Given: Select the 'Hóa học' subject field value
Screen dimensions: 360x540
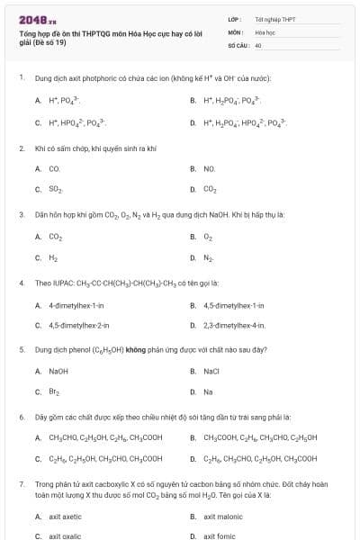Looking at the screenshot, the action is pyautogui.click(x=264, y=31).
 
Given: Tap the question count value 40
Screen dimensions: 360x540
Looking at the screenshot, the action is pyautogui.click(x=258, y=44).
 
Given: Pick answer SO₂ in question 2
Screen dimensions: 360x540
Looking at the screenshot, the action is pyautogui.click(x=55, y=190).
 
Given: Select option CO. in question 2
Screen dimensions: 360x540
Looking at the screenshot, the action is pyautogui.click(x=54, y=168).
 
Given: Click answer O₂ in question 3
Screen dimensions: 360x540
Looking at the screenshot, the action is pyautogui.click(x=208, y=237).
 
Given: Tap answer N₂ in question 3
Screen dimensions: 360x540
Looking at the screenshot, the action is pyautogui.click(x=208, y=258).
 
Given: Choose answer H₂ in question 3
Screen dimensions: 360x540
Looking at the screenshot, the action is pyautogui.click(x=53, y=258).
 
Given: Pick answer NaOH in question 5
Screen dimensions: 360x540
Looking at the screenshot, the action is pyautogui.click(x=58, y=371).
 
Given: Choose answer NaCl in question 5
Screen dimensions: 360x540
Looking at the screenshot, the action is pyautogui.click(x=211, y=371).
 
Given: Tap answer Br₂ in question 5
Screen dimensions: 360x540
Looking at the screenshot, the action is pyautogui.click(x=53, y=392).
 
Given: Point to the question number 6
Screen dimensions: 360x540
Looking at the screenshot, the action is pyautogui.click(x=22, y=417).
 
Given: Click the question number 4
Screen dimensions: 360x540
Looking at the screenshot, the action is pyautogui.click(x=22, y=283).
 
